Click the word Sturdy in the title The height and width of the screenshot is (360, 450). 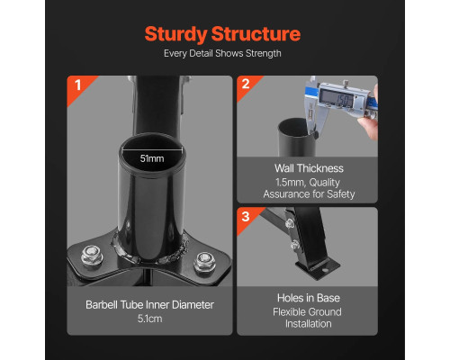click(x=176, y=34)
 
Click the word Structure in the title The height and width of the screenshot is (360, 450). click(x=256, y=33)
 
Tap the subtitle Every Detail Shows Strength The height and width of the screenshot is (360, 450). click(x=222, y=54)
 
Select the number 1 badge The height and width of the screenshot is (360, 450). click(x=78, y=85)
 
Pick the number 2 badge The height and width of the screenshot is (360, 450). click(x=246, y=84)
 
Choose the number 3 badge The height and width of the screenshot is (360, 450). click(x=246, y=217)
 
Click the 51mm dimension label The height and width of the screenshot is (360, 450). click(x=152, y=158)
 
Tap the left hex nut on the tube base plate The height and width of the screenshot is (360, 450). click(x=92, y=256)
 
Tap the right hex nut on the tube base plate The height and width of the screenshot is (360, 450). click(x=204, y=262)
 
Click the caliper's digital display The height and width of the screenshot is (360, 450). click(x=337, y=98)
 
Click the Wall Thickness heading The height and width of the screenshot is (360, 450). click(x=309, y=168)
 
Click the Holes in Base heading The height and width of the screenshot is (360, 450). click(x=309, y=298)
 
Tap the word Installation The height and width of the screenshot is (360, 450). click(x=309, y=324)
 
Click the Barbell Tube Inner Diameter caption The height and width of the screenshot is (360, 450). click(x=149, y=305)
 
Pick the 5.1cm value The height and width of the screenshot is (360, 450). click(x=149, y=319)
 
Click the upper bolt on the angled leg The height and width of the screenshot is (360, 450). click(x=290, y=223)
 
